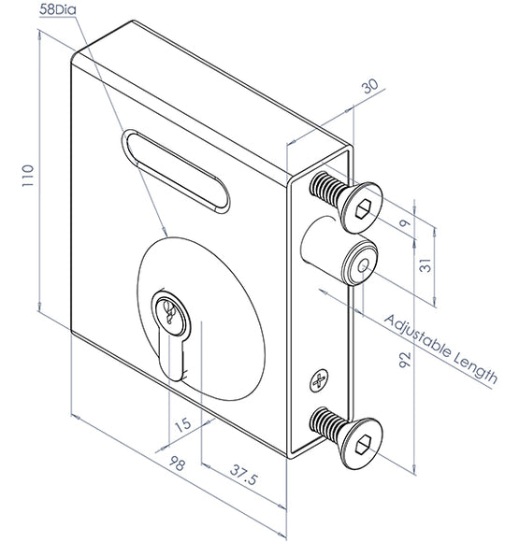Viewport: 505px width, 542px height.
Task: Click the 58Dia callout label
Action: [57, 9]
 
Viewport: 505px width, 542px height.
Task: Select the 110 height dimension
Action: [28, 176]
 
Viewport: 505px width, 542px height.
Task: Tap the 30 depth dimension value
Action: [370, 86]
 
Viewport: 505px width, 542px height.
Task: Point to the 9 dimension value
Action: [404, 222]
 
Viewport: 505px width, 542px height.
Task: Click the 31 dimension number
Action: [426, 265]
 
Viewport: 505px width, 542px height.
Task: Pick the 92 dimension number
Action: [405, 360]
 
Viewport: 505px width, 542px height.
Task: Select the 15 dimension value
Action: [183, 424]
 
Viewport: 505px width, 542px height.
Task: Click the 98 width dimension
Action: [177, 464]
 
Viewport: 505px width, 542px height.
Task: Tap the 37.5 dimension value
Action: [243, 475]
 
